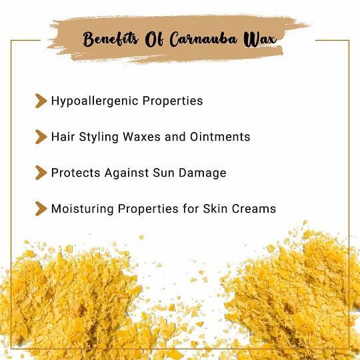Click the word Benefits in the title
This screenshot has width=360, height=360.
click(111, 39)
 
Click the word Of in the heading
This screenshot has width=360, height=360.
click(154, 39)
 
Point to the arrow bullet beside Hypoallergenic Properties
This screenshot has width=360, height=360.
click(41, 101)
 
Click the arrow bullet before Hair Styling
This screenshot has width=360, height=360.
click(41, 137)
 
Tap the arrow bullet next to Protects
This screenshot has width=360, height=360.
click(41, 173)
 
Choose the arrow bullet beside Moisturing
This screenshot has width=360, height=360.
click(41, 209)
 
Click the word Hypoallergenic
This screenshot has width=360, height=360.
click(95, 101)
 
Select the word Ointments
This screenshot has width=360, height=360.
click(220, 137)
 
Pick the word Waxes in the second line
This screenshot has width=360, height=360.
click(141, 137)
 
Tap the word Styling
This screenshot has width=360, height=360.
click(99, 137)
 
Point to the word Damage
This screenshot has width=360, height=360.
click(203, 173)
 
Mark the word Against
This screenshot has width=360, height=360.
click(127, 173)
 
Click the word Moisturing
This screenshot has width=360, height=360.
click(83, 209)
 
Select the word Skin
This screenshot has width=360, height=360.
click(215, 209)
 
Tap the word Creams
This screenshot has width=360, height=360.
click(254, 209)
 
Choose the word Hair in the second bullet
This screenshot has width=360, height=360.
click(63, 137)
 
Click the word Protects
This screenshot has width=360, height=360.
click(75, 173)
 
